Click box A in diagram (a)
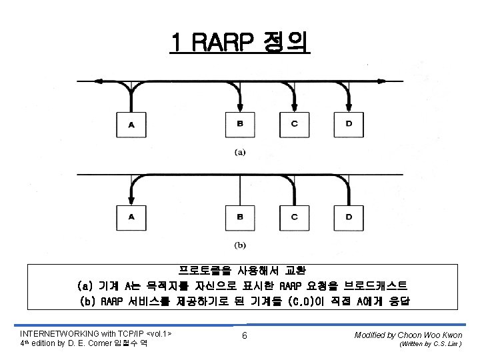click(131, 123)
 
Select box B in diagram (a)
click(240, 123)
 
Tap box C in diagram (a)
click(295, 123)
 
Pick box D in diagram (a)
click(349, 123)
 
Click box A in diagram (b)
click(131, 216)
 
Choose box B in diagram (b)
click(240, 216)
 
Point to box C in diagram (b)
click(295, 216)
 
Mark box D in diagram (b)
click(349, 216)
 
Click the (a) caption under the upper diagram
click(240, 152)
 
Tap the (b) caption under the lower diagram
click(240, 245)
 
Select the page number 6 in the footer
click(245, 335)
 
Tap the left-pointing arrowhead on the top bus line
click(99, 81)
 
